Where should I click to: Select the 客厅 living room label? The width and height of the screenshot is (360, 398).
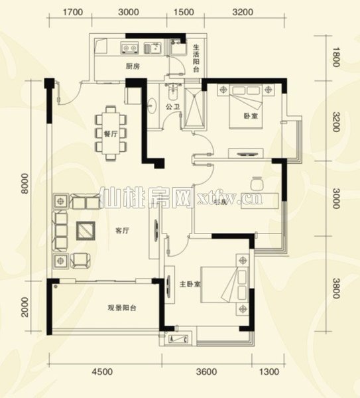pos(121,231)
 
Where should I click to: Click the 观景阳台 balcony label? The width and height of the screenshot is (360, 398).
pos(122,308)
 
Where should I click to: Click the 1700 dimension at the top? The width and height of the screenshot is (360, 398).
pos(72,12)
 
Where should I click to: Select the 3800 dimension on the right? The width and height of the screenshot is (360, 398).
pos(336,287)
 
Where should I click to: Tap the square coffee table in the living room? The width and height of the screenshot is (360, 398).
pos(85,231)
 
